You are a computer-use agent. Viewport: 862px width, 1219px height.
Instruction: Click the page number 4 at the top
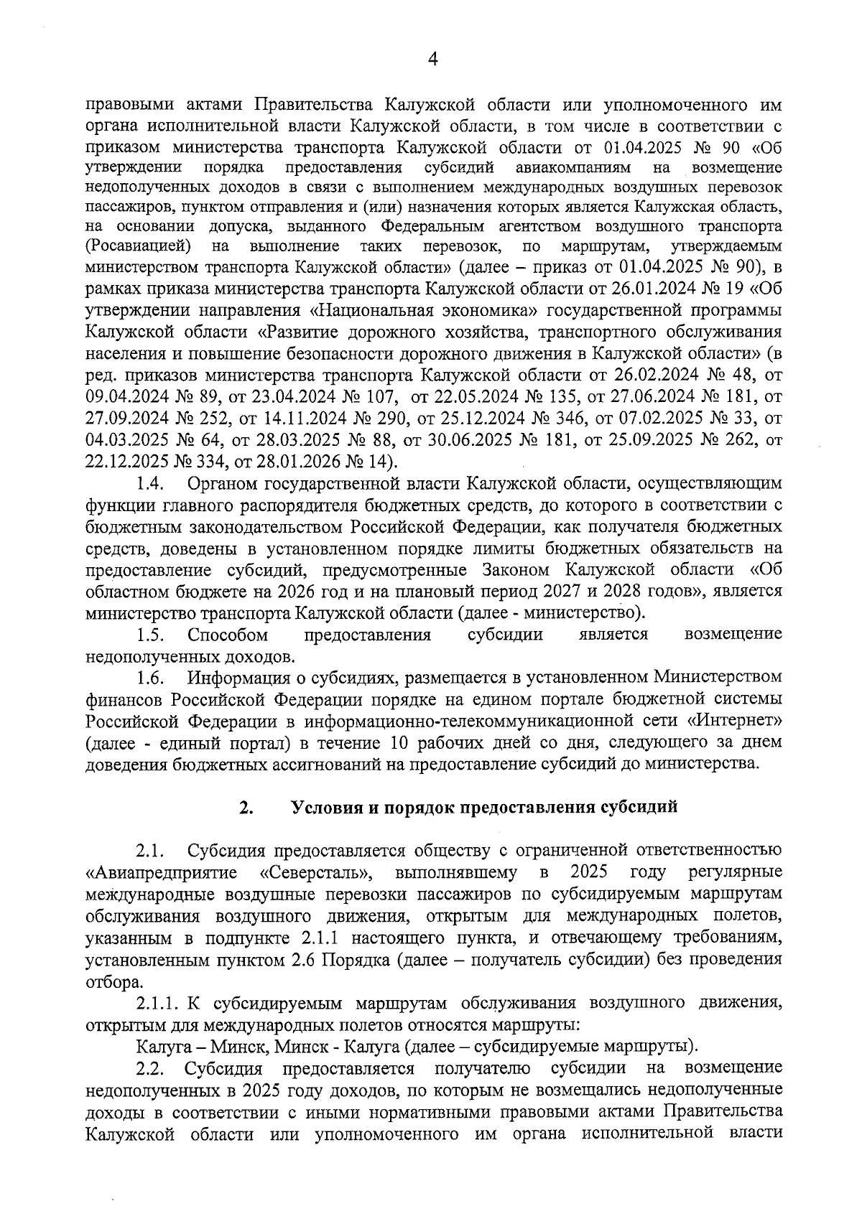(432, 60)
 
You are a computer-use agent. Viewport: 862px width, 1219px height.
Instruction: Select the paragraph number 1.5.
(152, 635)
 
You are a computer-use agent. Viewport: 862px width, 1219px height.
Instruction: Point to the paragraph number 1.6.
(152, 678)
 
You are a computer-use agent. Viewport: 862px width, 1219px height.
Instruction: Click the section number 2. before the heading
(246, 808)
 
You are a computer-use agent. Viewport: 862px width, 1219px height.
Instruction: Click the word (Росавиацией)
(138, 247)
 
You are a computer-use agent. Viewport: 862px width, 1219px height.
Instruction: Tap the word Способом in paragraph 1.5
(228, 635)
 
